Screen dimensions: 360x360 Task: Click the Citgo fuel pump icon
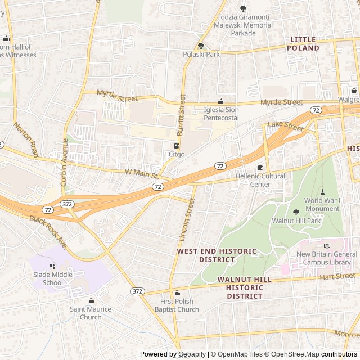(x=177, y=146)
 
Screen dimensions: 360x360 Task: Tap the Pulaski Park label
(x=201, y=54)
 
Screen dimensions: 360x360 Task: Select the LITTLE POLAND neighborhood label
(x=303, y=44)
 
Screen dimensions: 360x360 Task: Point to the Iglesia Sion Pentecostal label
(x=221, y=114)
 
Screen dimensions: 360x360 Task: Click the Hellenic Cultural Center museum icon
(x=260, y=168)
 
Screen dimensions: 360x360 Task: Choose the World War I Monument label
(x=322, y=204)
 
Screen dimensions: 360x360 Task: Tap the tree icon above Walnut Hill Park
(x=296, y=212)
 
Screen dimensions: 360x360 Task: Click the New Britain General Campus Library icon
(x=327, y=246)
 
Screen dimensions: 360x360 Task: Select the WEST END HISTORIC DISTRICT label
(x=217, y=255)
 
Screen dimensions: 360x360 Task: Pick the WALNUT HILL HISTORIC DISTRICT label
(x=244, y=287)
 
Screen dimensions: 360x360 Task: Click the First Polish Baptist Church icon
(x=177, y=293)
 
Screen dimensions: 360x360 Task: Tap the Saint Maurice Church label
(x=91, y=313)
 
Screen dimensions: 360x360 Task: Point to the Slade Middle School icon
(x=53, y=266)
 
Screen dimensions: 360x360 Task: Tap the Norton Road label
(x=26, y=140)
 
